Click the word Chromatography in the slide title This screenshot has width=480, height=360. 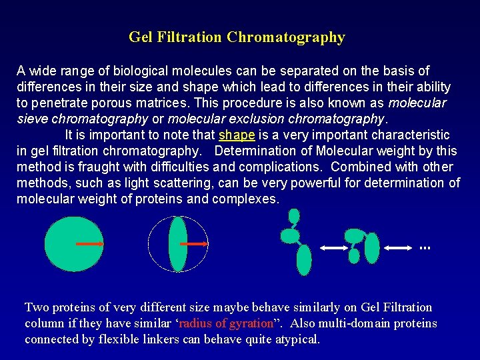click(x=285, y=37)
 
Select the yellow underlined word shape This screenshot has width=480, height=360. click(x=237, y=135)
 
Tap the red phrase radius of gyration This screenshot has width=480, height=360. click(x=227, y=323)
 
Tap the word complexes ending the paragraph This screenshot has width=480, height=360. click(x=245, y=199)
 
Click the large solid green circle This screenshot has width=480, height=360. click(x=73, y=245)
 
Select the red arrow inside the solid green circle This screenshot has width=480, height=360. click(x=89, y=245)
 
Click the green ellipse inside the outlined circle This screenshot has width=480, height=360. click(x=178, y=245)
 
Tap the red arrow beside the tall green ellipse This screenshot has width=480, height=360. click(x=194, y=245)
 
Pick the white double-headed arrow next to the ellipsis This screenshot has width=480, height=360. click(x=399, y=248)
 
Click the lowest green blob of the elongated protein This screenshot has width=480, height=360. click(x=303, y=260)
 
